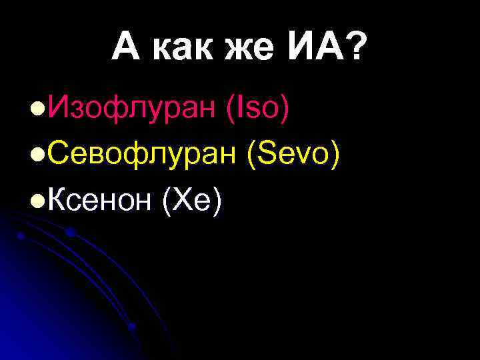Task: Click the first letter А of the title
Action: click(126, 49)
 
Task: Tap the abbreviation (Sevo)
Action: click(294, 155)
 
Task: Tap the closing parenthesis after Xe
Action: click(216, 201)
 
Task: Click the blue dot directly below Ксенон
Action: click(69, 232)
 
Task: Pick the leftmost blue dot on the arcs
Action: click(21, 236)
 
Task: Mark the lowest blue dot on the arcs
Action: click(131, 327)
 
